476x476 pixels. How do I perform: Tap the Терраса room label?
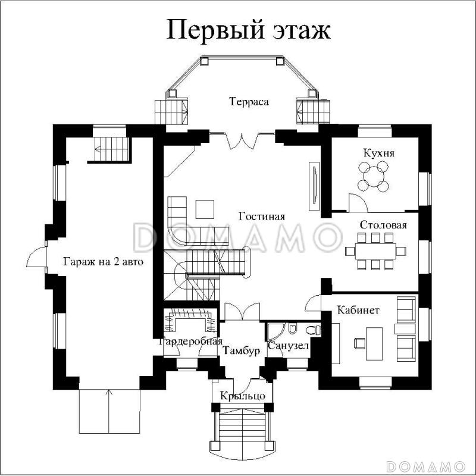[x=249, y=102]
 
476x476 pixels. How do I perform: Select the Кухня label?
[x=379, y=154]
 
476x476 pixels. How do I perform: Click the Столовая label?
[x=383, y=225]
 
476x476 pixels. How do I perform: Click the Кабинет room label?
[x=358, y=310]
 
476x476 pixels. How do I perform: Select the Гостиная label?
[x=262, y=217]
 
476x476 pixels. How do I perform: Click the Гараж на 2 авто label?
[x=104, y=261]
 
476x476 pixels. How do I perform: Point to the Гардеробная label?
[x=190, y=342]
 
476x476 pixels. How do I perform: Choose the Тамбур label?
[x=242, y=351]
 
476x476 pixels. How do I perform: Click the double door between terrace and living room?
[x=242, y=141]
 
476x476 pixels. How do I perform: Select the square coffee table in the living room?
[x=206, y=209]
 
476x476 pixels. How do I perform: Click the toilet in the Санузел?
[x=311, y=330]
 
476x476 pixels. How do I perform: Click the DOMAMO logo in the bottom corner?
[x=425, y=465]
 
